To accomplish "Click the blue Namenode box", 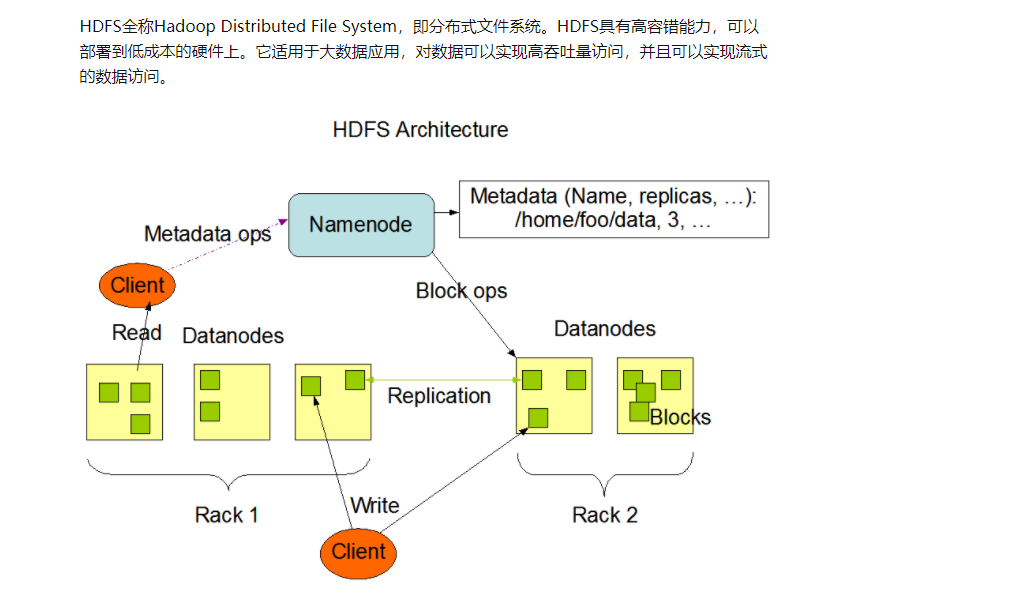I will tap(361, 225).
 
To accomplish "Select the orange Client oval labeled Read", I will tap(137, 286).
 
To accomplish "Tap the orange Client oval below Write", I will tap(358, 551).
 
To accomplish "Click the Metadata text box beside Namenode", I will tap(613, 209).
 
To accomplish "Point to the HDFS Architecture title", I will tap(420, 130).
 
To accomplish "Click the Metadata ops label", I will tap(207, 234).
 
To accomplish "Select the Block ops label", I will tap(461, 291).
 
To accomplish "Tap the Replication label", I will tap(439, 396).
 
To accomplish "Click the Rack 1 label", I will tap(226, 515).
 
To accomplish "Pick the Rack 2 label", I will tap(604, 515).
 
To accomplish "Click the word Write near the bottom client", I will tap(375, 505).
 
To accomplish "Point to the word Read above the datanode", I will tap(137, 333).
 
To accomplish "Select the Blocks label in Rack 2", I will tap(680, 418).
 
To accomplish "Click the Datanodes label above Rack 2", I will tap(604, 329).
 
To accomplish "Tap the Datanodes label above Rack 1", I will tap(233, 336).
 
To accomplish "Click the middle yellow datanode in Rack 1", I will tap(231, 402).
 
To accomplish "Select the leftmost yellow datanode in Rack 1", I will tap(124, 402).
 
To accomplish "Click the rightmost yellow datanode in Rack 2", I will tap(655, 396).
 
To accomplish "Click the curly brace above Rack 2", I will tap(604, 473).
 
